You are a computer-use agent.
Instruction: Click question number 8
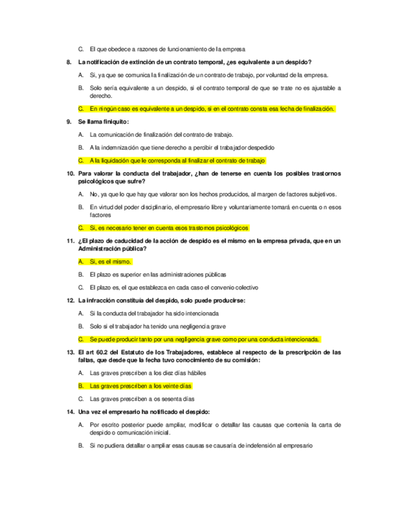tap(69, 62)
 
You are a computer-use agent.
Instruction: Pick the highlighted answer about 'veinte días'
tap(140, 385)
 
